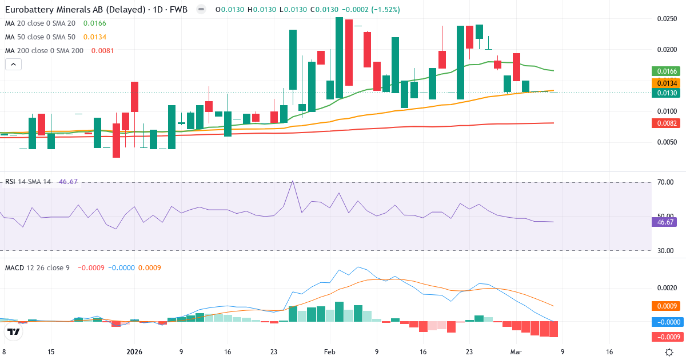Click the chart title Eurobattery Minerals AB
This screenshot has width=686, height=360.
[57, 10]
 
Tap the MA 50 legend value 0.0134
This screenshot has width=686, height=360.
[95, 37]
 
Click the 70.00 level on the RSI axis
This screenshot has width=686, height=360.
[665, 182]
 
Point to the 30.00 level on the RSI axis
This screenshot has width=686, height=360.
[665, 250]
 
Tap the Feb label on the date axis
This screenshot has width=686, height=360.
[330, 352]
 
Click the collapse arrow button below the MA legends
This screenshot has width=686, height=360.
[13, 64]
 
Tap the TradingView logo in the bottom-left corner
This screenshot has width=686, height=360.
[14, 331]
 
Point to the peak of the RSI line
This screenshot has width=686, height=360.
[293, 181]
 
